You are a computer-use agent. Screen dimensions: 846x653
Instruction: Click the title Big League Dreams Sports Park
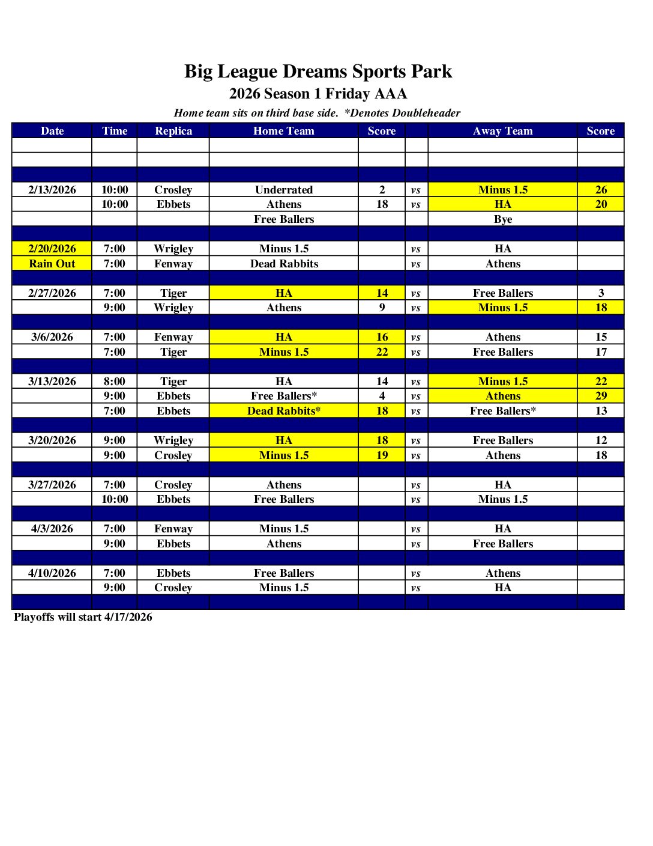click(x=317, y=72)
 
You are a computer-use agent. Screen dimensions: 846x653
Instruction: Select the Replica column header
click(x=173, y=131)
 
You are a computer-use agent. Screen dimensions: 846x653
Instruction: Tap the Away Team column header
click(x=502, y=131)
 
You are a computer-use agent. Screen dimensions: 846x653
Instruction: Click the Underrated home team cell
click(x=284, y=190)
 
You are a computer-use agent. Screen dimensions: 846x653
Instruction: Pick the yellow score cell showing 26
click(x=601, y=190)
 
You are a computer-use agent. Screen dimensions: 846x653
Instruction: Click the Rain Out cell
click(x=52, y=264)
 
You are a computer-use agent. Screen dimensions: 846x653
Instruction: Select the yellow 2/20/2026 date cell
click(x=52, y=249)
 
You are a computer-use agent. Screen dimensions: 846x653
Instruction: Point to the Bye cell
click(x=502, y=219)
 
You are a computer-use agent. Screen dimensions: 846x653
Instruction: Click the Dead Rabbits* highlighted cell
click(x=284, y=411)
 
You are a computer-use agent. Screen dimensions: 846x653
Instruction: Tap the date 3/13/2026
click(x=52, y=382)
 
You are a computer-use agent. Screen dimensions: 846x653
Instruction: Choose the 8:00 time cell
click(x=115, y=382)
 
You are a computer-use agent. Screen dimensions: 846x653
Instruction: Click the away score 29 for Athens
click(x=601, y=396)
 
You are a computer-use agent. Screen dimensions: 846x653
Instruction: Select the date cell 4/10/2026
click(x=52, y=573)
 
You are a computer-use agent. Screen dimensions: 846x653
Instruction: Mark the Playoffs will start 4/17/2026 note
click(x=83, y=617)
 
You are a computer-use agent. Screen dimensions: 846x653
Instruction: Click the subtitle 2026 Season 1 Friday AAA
click(x=317, y=94)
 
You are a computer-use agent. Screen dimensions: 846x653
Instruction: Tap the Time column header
click(x=115, y=131)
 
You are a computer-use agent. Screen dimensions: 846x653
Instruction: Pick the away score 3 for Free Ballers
click(x=601, y=293)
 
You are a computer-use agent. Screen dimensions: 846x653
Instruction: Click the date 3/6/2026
click(x=52, y=337)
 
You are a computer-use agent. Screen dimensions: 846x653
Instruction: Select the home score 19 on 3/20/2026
click(x=382, y=455)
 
